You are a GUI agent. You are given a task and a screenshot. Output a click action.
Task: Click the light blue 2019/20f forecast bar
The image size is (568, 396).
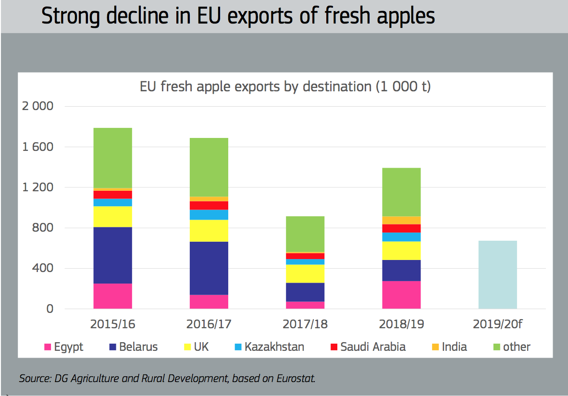497,274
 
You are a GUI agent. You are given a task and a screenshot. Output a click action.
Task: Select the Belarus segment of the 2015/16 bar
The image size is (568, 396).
112,255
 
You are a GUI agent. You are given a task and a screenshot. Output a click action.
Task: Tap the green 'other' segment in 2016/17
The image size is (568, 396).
209,167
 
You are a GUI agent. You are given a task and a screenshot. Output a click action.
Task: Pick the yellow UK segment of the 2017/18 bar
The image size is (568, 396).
305,273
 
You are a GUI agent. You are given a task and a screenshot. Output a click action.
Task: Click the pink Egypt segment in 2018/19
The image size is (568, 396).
401,295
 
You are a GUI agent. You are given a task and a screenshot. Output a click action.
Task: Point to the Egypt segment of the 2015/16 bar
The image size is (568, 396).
112,296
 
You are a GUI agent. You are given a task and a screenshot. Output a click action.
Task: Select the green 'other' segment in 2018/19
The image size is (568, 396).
401,192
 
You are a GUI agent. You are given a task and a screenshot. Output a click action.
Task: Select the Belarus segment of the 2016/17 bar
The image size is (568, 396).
209,268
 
